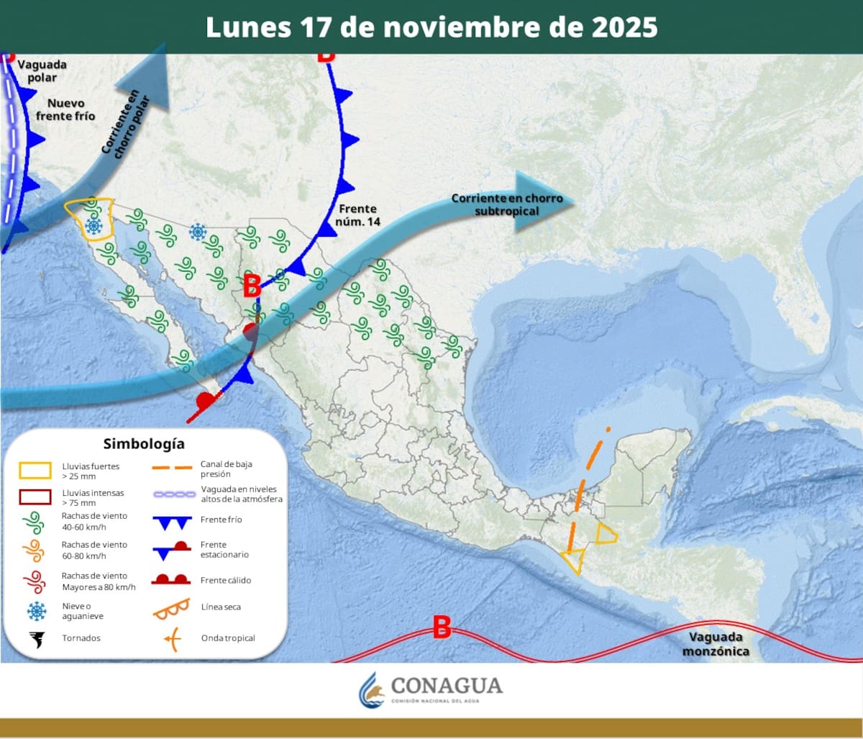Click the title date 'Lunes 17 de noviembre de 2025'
(x=431, y=27)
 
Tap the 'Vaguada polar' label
(x=42, y=71)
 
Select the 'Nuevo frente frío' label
(x=65, y=109)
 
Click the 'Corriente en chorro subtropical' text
(x=507, y=204)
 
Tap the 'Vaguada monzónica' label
(x=716, y=644)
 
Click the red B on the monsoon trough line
(x=442, y=627)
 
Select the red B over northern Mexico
(x=252, y=285)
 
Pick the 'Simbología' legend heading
(x=143, y=443)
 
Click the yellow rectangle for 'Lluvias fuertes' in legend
(x=35, y=471)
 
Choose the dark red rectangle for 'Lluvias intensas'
(x=35, y=497)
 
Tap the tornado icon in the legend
(x=37, y=638)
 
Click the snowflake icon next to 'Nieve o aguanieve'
(x=36, y=612)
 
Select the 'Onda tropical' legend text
(x=228, y=638)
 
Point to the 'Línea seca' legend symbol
(x=171, y=608)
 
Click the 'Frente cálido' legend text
(x=226, y=580)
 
